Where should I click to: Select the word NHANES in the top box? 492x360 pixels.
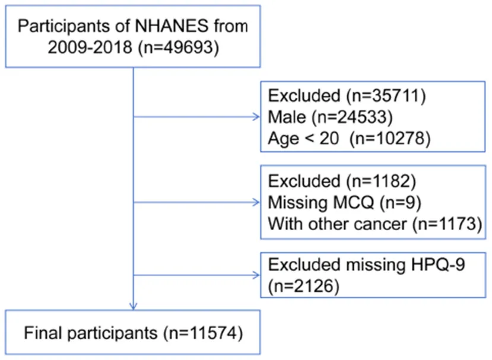tap(172, 26)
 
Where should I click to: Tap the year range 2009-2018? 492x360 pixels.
tap(90, 47)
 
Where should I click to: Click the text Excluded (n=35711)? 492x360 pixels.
tap(347, 95)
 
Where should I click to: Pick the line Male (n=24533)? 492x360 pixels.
tap(330, 117)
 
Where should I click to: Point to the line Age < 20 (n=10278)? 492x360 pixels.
tap(349, 139)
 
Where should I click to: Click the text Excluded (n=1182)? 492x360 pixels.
tap(342, 181)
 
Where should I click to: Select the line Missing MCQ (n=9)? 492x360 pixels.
tap(344, 203)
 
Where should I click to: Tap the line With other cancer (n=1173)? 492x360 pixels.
tap(375, 224)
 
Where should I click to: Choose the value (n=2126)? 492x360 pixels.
tap(303, 286)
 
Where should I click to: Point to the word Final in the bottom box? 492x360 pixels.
tap(43, 333)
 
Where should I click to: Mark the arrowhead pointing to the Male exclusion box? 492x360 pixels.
tap(256, 117)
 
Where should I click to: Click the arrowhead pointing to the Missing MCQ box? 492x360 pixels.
tap(256, 202)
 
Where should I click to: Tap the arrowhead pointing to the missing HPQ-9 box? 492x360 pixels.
tap(256, 275)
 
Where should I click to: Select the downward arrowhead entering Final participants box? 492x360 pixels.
tap(134, 307)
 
